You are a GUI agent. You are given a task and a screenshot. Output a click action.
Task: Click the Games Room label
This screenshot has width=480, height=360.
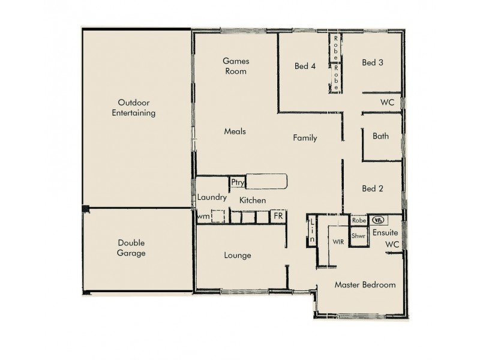pos(235,66)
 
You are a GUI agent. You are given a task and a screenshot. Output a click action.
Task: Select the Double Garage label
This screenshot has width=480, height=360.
pos(131,248)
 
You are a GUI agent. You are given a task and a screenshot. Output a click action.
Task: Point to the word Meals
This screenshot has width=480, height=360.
pos(235,131)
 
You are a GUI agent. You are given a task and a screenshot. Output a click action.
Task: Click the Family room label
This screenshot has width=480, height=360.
pos(305,138)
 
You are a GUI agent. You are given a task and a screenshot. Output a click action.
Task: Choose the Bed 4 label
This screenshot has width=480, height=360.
pos(305,66)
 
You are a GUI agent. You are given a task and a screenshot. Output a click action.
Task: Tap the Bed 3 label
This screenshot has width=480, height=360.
pos(373,62)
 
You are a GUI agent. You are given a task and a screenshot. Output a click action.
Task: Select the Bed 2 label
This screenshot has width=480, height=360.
pos(373,188)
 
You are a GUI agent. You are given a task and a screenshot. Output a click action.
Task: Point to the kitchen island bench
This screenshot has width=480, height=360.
pos(266,182)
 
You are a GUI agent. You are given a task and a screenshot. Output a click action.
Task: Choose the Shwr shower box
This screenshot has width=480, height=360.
pos(358,236)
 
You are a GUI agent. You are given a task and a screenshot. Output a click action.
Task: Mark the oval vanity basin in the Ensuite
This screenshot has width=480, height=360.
pos(378,220)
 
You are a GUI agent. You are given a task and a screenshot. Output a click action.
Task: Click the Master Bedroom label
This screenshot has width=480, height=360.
pos(365,285)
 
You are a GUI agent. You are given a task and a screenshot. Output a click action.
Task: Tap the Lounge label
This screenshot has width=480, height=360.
pos(238,255)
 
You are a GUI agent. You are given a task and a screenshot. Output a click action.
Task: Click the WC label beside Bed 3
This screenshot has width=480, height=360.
pos(387,102)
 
